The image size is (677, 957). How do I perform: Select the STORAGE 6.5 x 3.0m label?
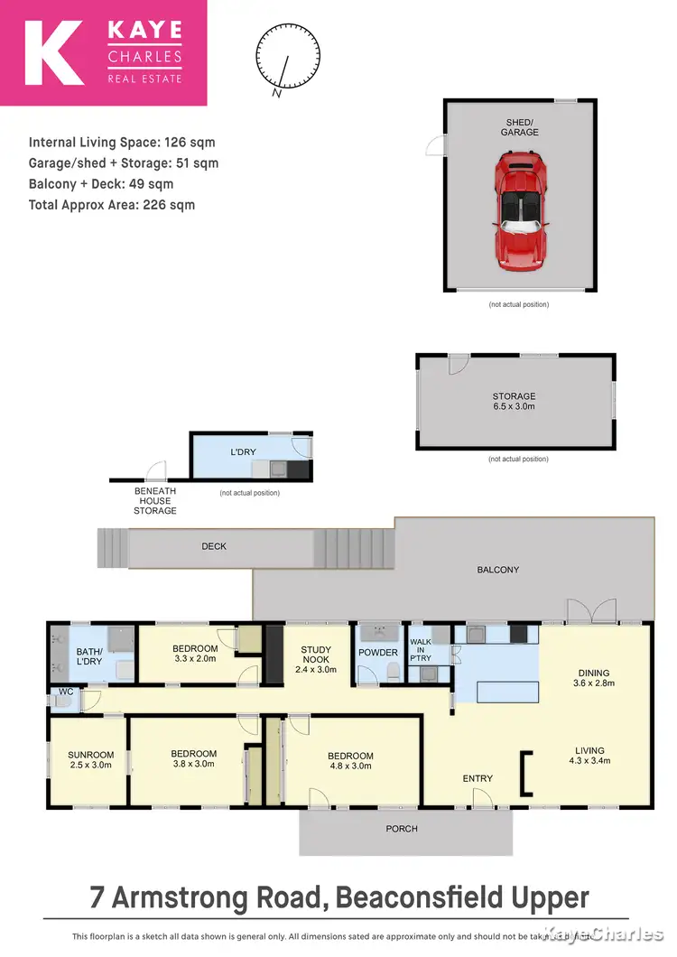point(514,402)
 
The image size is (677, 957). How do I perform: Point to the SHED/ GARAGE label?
point(520,126)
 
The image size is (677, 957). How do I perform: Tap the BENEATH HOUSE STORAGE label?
point(155,501)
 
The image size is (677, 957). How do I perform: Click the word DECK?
point(214,546)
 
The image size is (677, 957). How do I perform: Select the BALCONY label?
point(497,570)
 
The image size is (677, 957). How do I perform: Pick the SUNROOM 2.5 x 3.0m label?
point(91,760)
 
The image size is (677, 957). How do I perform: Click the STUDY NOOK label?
point(315,655)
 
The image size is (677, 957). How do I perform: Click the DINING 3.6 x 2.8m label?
point(594,678)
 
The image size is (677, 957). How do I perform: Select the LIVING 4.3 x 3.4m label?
point(593,755)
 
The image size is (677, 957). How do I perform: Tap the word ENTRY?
point(478,778)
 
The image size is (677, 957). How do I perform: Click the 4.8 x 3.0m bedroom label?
point(350,761)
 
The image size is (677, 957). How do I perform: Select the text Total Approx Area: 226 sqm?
point(112,205)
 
